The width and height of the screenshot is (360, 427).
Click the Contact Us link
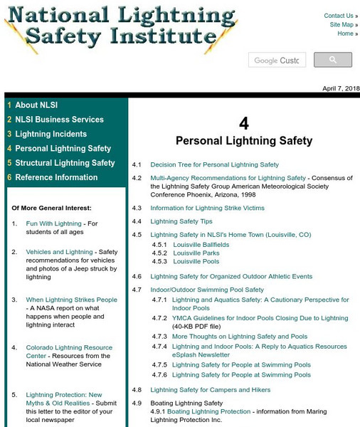pyautogui.click(x=338, y=16)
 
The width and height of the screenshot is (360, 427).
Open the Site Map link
pyautogui.click(x=341, y=25)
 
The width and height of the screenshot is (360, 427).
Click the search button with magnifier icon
pyautogui.click(x=333, y=60)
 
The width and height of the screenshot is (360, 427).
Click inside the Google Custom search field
pyautogui.click(x=277, y=60)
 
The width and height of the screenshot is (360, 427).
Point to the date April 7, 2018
pyautogui.click(x=341, y=88)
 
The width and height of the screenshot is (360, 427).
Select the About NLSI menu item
pyautogui.click(x=36, y=105)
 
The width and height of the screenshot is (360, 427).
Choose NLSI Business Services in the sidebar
pyautogui.click(x=59, y=120)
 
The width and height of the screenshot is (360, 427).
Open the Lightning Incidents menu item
pyautogui.click(x=51, y=134)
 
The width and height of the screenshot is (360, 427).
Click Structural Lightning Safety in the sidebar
pyautogui.click(x=65, y=163)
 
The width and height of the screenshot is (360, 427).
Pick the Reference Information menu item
pyautogui.click(x=56, y=177)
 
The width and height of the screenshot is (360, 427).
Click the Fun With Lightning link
pyautogui.click(x=53, y=223)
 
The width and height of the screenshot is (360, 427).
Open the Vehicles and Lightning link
pyautogui.click(x=59, y=252)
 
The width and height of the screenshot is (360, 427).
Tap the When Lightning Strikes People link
pyautogui.click(x=71, y=300)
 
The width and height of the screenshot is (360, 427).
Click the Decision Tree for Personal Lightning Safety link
pyautogui.click(x=214, y=164)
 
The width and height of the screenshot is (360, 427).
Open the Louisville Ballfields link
pyautogui.click(x=201, y=244)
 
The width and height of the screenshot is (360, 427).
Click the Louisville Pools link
pyautogui.click(x=196, y=261)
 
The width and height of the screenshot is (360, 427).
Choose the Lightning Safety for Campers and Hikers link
pyautogui.click(x=210, y=389)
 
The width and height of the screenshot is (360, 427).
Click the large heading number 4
pyautogui.click(x=244, y=122)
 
